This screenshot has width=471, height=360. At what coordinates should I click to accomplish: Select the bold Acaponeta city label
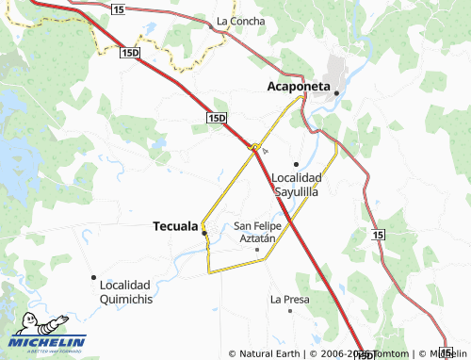[x=299, y=87]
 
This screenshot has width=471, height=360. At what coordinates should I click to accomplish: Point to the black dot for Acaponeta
[x=336, y=92]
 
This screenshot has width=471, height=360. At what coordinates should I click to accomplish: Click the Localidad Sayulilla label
[x=296, y=184]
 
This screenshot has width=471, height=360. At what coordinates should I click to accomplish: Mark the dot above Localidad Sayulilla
[x=296, y=164]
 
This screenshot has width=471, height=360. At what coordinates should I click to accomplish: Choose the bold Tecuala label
[x=175, y=226]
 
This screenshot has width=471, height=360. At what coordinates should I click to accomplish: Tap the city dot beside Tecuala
[x=204, y=232]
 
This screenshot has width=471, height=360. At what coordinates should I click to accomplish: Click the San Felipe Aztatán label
[x=260, y=233]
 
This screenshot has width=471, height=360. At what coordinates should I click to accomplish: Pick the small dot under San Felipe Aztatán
[x=257, y=250]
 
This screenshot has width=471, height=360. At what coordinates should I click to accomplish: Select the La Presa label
[x=289, y=300]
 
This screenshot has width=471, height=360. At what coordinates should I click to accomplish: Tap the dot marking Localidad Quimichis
[x=93, y=277]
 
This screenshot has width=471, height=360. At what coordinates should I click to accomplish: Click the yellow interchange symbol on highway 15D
[x=254, y=146]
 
